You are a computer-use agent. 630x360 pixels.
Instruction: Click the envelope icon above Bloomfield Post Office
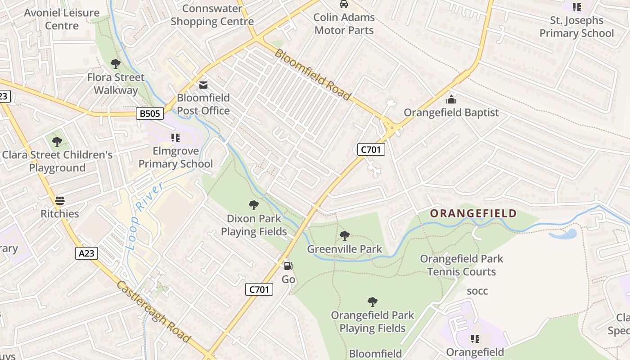pos(203,85)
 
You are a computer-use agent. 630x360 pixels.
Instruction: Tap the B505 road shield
pos(149,113)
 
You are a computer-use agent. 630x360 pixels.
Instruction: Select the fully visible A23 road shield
pos(86,253)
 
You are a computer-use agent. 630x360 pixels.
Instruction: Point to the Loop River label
pos(144,216)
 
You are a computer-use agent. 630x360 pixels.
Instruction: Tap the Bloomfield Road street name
pos(312,75)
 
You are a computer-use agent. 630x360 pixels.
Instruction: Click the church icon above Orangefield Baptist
pos(451,100)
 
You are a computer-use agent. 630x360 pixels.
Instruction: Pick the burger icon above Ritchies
pos(60,201)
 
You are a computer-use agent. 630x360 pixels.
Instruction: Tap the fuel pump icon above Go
pos(288,266)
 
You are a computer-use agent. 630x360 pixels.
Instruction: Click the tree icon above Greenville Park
pos(345,235)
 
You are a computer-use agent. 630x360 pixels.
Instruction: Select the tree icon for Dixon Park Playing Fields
pos(254,205)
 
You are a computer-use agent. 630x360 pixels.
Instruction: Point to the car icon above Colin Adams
pos(344,4)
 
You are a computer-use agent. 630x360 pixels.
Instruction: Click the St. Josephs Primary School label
pos(576,27)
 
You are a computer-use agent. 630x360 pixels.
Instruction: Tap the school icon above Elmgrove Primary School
pos(175,137)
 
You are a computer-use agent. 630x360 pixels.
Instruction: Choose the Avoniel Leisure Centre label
pos(62,19)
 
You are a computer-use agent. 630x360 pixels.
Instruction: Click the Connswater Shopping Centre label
pos(212,15)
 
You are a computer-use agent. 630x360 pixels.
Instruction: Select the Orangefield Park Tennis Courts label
pos(461,265)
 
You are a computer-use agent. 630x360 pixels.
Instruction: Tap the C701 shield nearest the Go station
pos(259,289)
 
